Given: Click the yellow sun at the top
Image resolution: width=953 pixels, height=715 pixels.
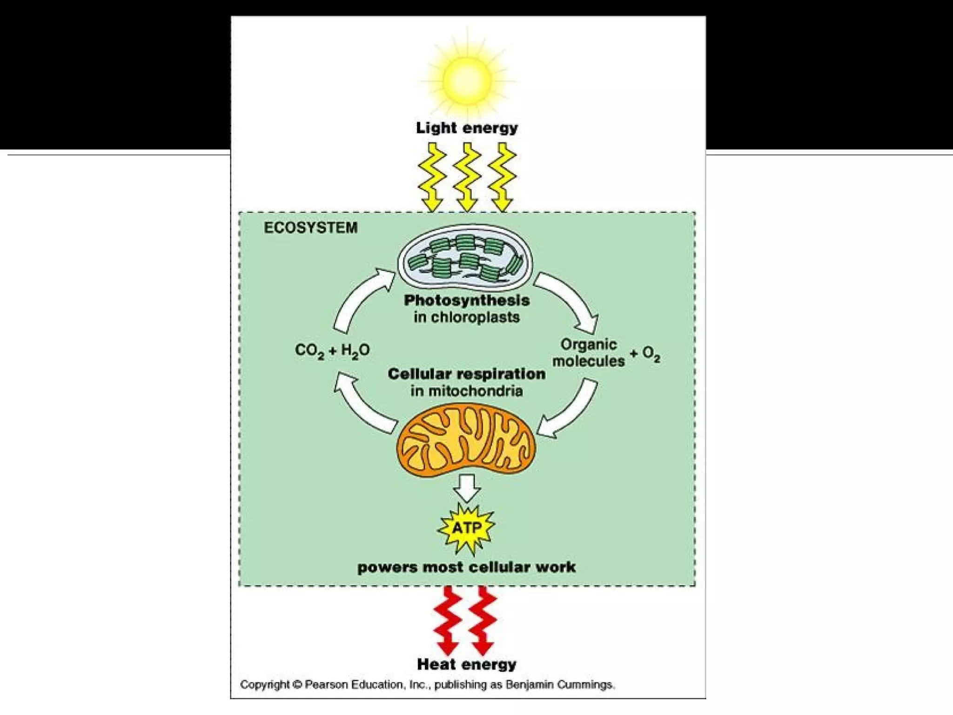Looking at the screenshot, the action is (x=467, y=81).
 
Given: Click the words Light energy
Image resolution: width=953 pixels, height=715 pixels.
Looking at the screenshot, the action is (x=467, y=128).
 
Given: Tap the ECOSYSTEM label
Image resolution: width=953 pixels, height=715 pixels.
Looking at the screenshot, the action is (x=310, y=228).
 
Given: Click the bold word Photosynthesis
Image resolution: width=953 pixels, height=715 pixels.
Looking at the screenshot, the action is (x=467, y=300).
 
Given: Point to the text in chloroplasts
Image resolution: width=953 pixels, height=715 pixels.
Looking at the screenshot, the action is (x=467, y=317).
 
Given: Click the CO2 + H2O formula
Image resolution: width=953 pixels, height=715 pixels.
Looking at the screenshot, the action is (x=332, y=350).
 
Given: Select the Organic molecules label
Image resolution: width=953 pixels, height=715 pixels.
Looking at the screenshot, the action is (x=589, y=353).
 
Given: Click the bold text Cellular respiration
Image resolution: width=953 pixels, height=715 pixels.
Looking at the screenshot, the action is (x=467, y=374).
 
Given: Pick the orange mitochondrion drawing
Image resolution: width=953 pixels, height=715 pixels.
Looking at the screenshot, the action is (x=466, y=440).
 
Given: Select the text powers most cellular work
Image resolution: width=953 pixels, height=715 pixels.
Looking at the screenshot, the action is (x=467, y=567).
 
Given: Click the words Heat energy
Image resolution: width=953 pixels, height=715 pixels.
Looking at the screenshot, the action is (x=467, y=664).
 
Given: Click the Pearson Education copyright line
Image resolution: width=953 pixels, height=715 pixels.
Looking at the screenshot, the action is (x=427, y=685).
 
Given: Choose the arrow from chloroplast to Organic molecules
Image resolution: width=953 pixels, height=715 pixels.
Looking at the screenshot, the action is (x=570, y=298).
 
